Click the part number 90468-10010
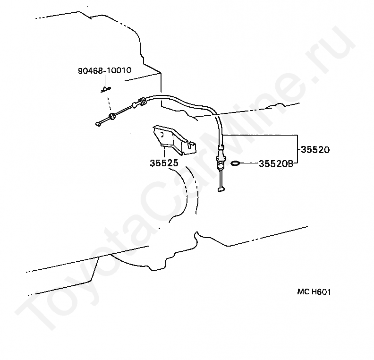point(104,71)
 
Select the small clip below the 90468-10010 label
point(106,88)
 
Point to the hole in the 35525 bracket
point(162,134)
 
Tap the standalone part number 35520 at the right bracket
point(314,150)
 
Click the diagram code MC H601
point(314,292)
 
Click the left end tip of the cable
point(98,124)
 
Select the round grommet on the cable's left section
point(112,116)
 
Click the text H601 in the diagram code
point(321,292)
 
